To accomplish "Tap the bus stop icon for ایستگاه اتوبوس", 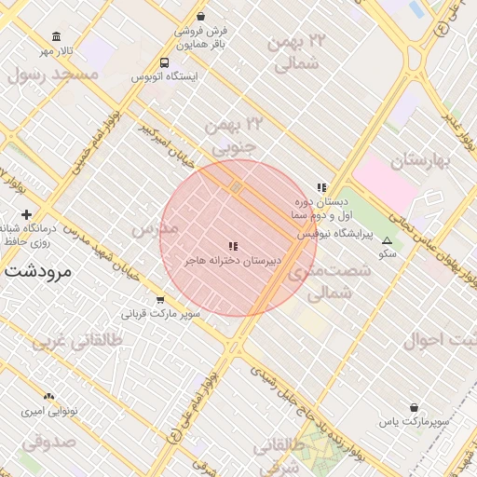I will (x=164, y=63).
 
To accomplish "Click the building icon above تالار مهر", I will (x=57, y=36).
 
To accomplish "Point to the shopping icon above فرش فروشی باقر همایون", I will (x=202, y=17).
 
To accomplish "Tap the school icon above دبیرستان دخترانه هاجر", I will (x=233, y=246).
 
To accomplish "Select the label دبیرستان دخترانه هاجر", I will (x=232, y=260).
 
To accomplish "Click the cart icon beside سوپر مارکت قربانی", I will (x=160, y=300).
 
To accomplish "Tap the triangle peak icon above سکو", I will (x=388, y=240).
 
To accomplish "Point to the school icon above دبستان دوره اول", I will (x=321, y=187).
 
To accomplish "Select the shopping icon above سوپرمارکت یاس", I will (x=414, y=407).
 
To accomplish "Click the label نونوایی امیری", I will (x=48, y=411).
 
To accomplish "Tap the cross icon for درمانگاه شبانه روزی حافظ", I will (x=26, y=215).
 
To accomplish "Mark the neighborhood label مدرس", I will (x=155, y=228).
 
